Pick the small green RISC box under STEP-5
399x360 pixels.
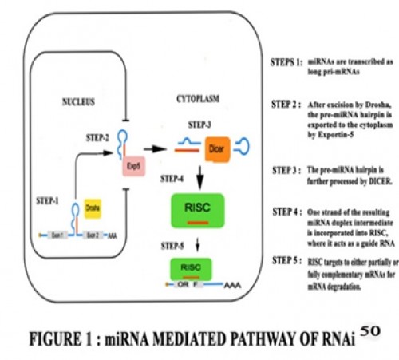190,268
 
